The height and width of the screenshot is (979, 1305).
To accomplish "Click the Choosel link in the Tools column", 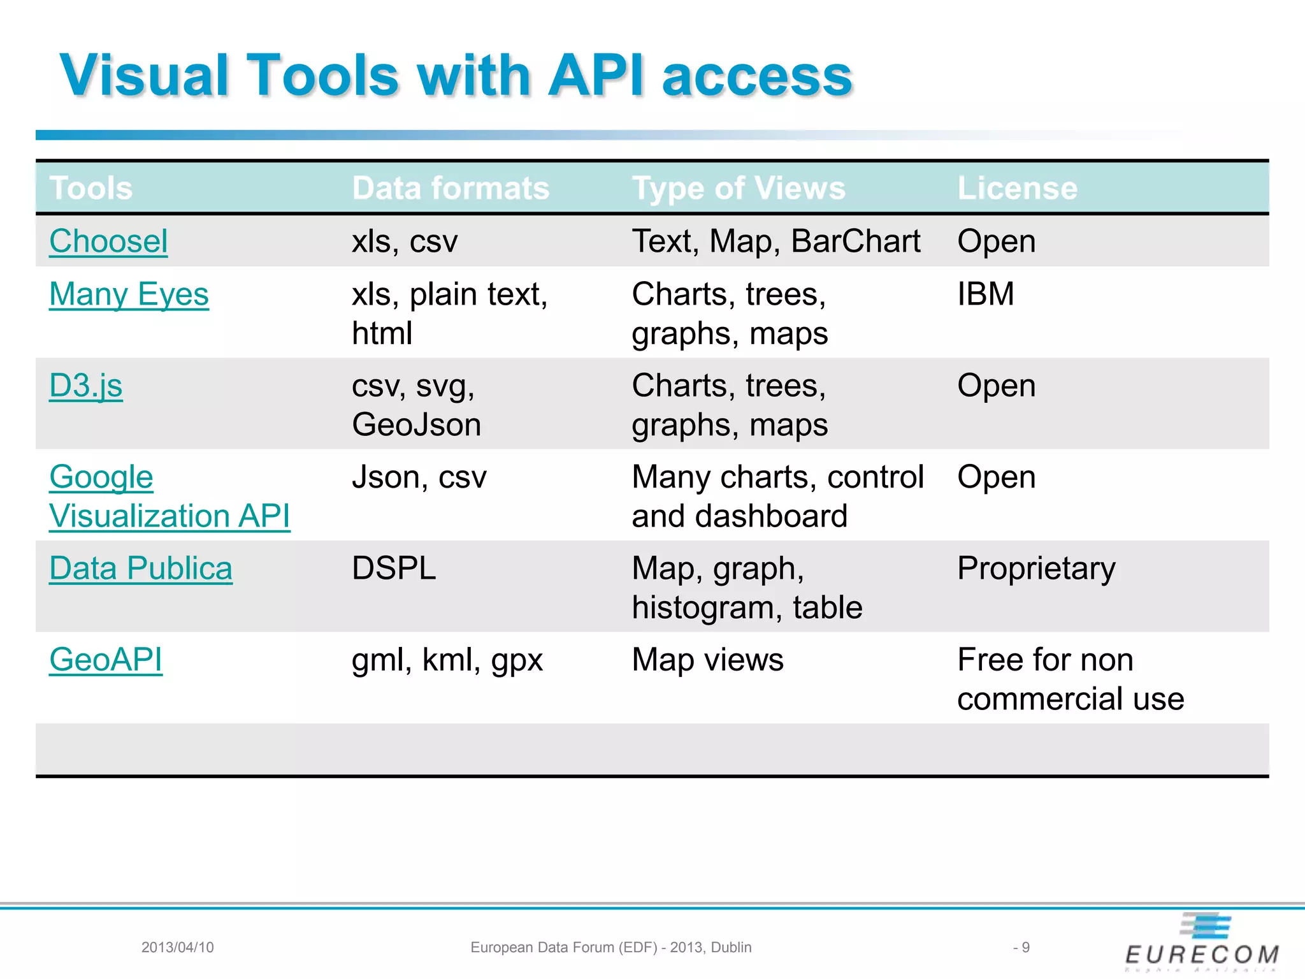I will [108, 242].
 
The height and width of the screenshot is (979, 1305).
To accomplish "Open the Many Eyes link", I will [129, 294].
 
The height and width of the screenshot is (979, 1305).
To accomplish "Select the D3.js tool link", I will [86, 386].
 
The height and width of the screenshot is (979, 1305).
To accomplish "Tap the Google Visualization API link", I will [169, 497].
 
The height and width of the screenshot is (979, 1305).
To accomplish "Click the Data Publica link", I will [141, 569].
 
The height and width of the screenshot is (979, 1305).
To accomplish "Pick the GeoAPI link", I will [106, 660].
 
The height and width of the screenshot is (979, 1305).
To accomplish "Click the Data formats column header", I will [451, 188].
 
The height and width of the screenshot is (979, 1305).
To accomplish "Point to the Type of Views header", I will [739, 188].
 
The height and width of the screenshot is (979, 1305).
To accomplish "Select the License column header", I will [1017, 188].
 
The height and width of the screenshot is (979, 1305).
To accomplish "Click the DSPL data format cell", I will [394, 569].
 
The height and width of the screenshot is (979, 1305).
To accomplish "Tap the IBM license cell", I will [985, 294].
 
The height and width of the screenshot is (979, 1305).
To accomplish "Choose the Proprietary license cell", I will [1036, 569].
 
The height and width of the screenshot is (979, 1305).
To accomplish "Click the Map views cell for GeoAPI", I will [707, 660].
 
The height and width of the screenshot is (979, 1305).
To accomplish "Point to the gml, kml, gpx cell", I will [447, 660].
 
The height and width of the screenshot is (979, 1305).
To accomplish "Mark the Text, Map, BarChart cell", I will [775, 242].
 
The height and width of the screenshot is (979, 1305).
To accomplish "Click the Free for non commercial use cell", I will [1071, 679].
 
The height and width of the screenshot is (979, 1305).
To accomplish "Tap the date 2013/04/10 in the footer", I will [177, 947].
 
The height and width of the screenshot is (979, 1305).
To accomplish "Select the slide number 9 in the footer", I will [1025, 947].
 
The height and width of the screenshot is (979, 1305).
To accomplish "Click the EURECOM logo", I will [1202, 943].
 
